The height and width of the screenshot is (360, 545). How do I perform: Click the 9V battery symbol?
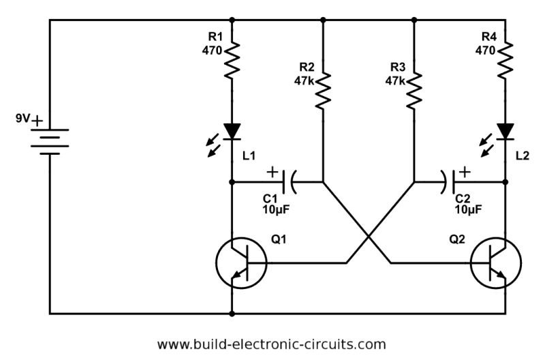tap(50, 140)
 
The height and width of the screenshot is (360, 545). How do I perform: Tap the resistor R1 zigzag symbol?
tap(233, 59)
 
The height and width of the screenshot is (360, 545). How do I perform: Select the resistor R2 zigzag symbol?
tap(323, 90)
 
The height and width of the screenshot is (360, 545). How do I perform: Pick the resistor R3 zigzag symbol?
tap(414, 90)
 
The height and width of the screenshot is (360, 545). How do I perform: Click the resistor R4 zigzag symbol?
tap(505, 59)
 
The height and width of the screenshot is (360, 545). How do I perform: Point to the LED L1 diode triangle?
tap(233, 131)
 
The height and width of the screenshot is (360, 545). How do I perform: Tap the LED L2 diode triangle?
tap(505, 131)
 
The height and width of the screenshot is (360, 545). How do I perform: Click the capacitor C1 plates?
tap(289, 182)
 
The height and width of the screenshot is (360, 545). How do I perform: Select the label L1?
tap(249, 156)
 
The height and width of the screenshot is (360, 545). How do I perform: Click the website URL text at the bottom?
tap(271, 344)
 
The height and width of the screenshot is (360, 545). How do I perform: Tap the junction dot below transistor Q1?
tap(233, 314)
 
